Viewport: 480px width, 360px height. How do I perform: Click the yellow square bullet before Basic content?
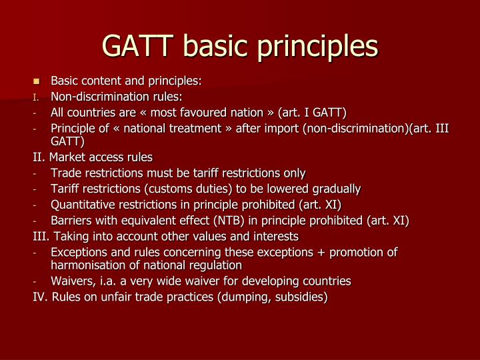(x=37, y=81)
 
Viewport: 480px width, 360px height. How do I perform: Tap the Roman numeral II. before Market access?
(x=39, y=158)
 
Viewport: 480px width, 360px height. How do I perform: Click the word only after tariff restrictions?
(x=293, y=173)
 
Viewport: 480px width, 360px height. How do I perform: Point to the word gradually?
(x=335, y=189)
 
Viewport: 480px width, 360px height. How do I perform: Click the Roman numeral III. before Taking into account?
(x=41, y=236)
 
